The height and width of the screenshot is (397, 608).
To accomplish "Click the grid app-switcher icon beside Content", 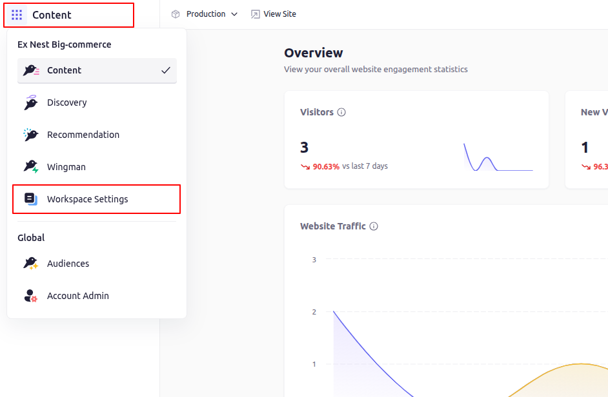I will click(x=17, y=15).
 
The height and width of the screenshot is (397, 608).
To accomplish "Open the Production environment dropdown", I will click(x=205, y=14).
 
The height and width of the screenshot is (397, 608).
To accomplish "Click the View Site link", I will click(x=274, y=14).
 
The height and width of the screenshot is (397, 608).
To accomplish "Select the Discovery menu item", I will click(x=66, y=102).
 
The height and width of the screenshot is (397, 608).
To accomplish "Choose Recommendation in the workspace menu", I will click(x=83, y=135).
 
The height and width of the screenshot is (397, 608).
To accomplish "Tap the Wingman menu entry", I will click(x=66, y=167).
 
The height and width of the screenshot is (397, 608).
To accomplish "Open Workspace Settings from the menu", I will click(x=87, y=199).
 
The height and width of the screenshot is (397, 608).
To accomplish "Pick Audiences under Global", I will click(x=68, y=264).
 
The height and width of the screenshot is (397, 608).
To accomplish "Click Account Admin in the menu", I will click(x=77, y=296).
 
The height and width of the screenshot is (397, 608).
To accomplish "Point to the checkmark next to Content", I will click(x=166, y=70).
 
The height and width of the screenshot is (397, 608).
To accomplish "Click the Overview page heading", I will click(x=314, y=53).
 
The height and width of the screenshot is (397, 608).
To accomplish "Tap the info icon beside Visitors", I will click(x=341, y=112).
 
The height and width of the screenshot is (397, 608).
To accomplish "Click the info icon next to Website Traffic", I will click(x=374, y=226).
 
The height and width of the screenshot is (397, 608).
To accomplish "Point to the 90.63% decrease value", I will click(x=326, y=166).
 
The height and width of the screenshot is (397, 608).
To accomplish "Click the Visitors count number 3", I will click(x=304, y=148).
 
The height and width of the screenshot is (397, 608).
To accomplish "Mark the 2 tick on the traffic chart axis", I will click(x=314, y=312).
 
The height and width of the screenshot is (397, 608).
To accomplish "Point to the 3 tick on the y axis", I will click(x=314, y=260).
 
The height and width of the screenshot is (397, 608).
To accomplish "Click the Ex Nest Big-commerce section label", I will click(x=65, y=44).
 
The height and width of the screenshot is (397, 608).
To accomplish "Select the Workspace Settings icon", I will click(x=31, y=199).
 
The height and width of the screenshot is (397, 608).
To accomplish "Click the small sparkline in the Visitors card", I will click(x=498, y=158).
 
